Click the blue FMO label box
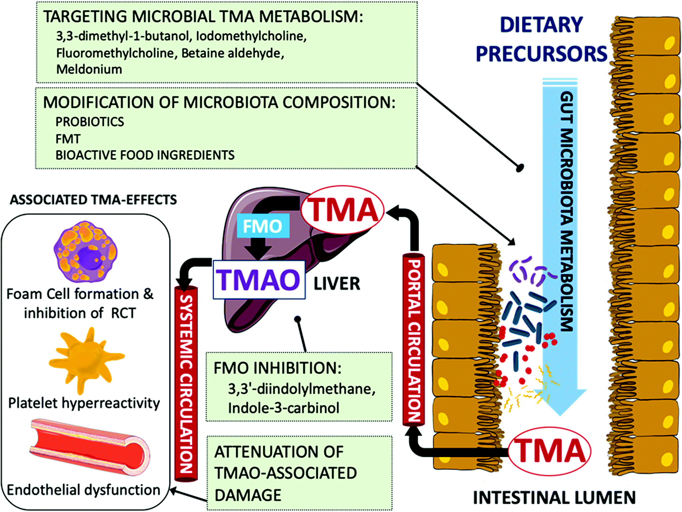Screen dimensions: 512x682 click(x=263, y=226)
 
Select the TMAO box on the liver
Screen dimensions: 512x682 click(x=259, y=280)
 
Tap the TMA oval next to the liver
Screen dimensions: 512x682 click(x=342, y=210)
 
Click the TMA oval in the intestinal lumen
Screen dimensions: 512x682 click(x=549, y=451)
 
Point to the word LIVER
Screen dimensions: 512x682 click(x=337, y=284)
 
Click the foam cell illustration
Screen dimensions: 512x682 click(x=86, y=251)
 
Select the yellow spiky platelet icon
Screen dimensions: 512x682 click(x=87, y=359)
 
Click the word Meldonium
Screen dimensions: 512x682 click(x=89, y=69)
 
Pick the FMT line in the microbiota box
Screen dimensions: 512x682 click(x=68, y=139)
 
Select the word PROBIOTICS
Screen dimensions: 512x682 click(x=90, y=122)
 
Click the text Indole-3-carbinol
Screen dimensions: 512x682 click(x=284, y=408)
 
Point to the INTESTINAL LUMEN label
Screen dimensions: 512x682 click(x=554, y=498)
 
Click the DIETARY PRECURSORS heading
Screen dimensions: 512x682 click(x=541, y=39)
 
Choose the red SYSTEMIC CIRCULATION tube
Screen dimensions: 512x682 click(x=186, y=384)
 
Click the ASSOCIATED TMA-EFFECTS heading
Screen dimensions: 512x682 click(x=93, y=200)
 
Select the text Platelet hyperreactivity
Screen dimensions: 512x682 click(x=84, y=403)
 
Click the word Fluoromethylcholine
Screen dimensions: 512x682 click(x=115, y=53)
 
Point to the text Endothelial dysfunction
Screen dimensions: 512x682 click(x=83, y=490)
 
